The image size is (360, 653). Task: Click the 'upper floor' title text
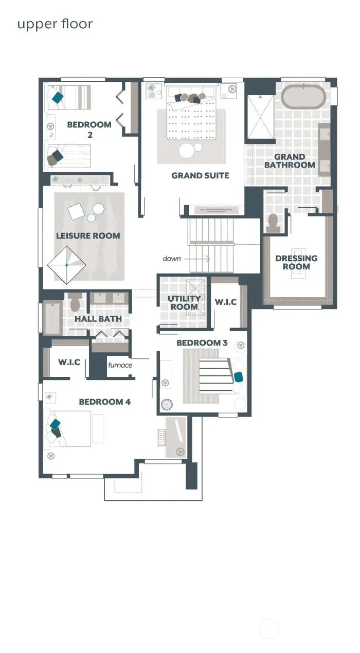click(x=55, y=24)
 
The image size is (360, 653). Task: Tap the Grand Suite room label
click(x=200, y=176)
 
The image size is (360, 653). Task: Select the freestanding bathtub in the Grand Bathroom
click(x=303, y=97)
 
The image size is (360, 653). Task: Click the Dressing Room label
click(x=296, y=262)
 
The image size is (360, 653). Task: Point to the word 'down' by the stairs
click(x=172, y=259)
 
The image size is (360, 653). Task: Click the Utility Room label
click(x=184, y=303)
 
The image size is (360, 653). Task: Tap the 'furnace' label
click(x=120, y=366)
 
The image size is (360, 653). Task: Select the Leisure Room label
click(x=88, y=236)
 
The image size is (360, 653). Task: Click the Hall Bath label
click(x=98, y=319)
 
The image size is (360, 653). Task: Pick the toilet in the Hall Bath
click(x=75, y=303)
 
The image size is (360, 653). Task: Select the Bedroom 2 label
click(x=89, y=130)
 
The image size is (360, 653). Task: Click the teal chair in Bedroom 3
click(x=239, y=377)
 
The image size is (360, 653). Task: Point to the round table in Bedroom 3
click(x=167, y=405)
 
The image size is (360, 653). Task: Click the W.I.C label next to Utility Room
click(x=225, y=302)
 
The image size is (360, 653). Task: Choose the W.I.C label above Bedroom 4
click(x=69, y=362)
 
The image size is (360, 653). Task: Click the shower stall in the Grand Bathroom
click(x=261, y=117)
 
